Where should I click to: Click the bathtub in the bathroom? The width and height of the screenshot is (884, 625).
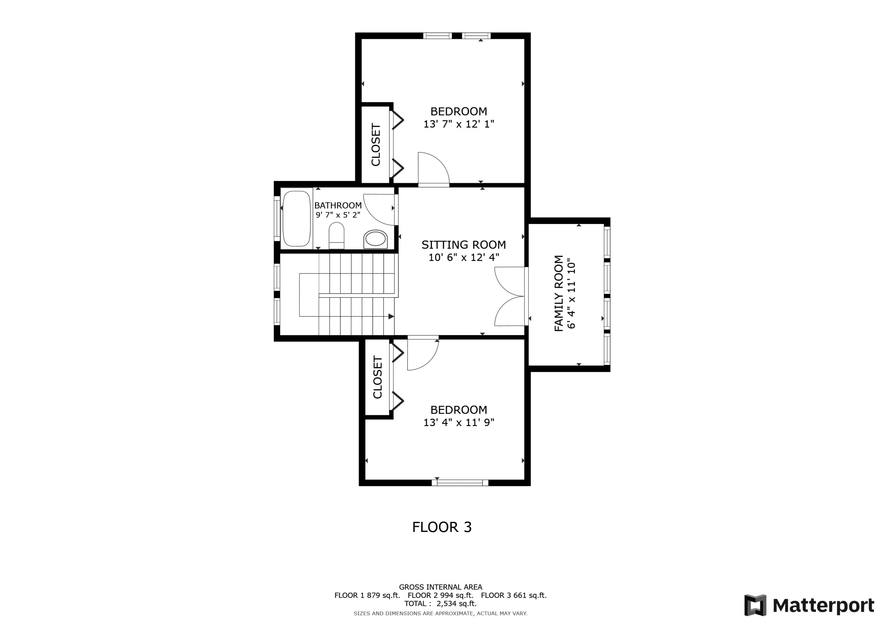tap(296, 218)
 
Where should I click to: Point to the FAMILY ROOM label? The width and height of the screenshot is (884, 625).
tap(559, 293)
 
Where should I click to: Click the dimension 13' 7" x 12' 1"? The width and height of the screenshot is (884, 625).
tap(459, 124)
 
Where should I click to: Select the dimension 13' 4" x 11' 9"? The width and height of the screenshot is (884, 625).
tap(459, 423)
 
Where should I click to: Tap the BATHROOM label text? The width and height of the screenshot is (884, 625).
tap(338, 205)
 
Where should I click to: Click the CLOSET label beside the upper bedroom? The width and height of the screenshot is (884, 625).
tap(376, 144)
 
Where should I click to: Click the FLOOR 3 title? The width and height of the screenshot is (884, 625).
tap(442, 527)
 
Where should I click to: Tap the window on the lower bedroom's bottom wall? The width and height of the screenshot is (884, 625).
tap(460, 482)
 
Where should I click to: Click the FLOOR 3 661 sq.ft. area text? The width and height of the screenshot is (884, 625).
tap(514, 595)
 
